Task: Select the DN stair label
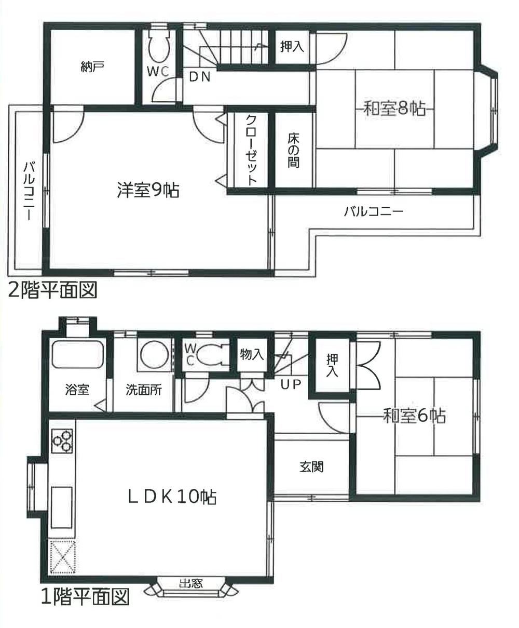tap(199, 77)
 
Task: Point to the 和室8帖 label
tap(394, 109)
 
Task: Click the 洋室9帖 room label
tap(148, 191)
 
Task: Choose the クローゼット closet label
tap(251, 150)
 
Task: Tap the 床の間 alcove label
tap(293, 151)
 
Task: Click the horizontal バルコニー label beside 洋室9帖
tap(374, 212)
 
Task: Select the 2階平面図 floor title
tap(52, 290)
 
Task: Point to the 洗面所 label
tap(143, 390)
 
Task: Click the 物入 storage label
tap(252, 355)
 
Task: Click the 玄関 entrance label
tap(311, 466)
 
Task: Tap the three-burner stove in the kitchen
tap(63, 441)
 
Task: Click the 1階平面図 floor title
tap(85, 597)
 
